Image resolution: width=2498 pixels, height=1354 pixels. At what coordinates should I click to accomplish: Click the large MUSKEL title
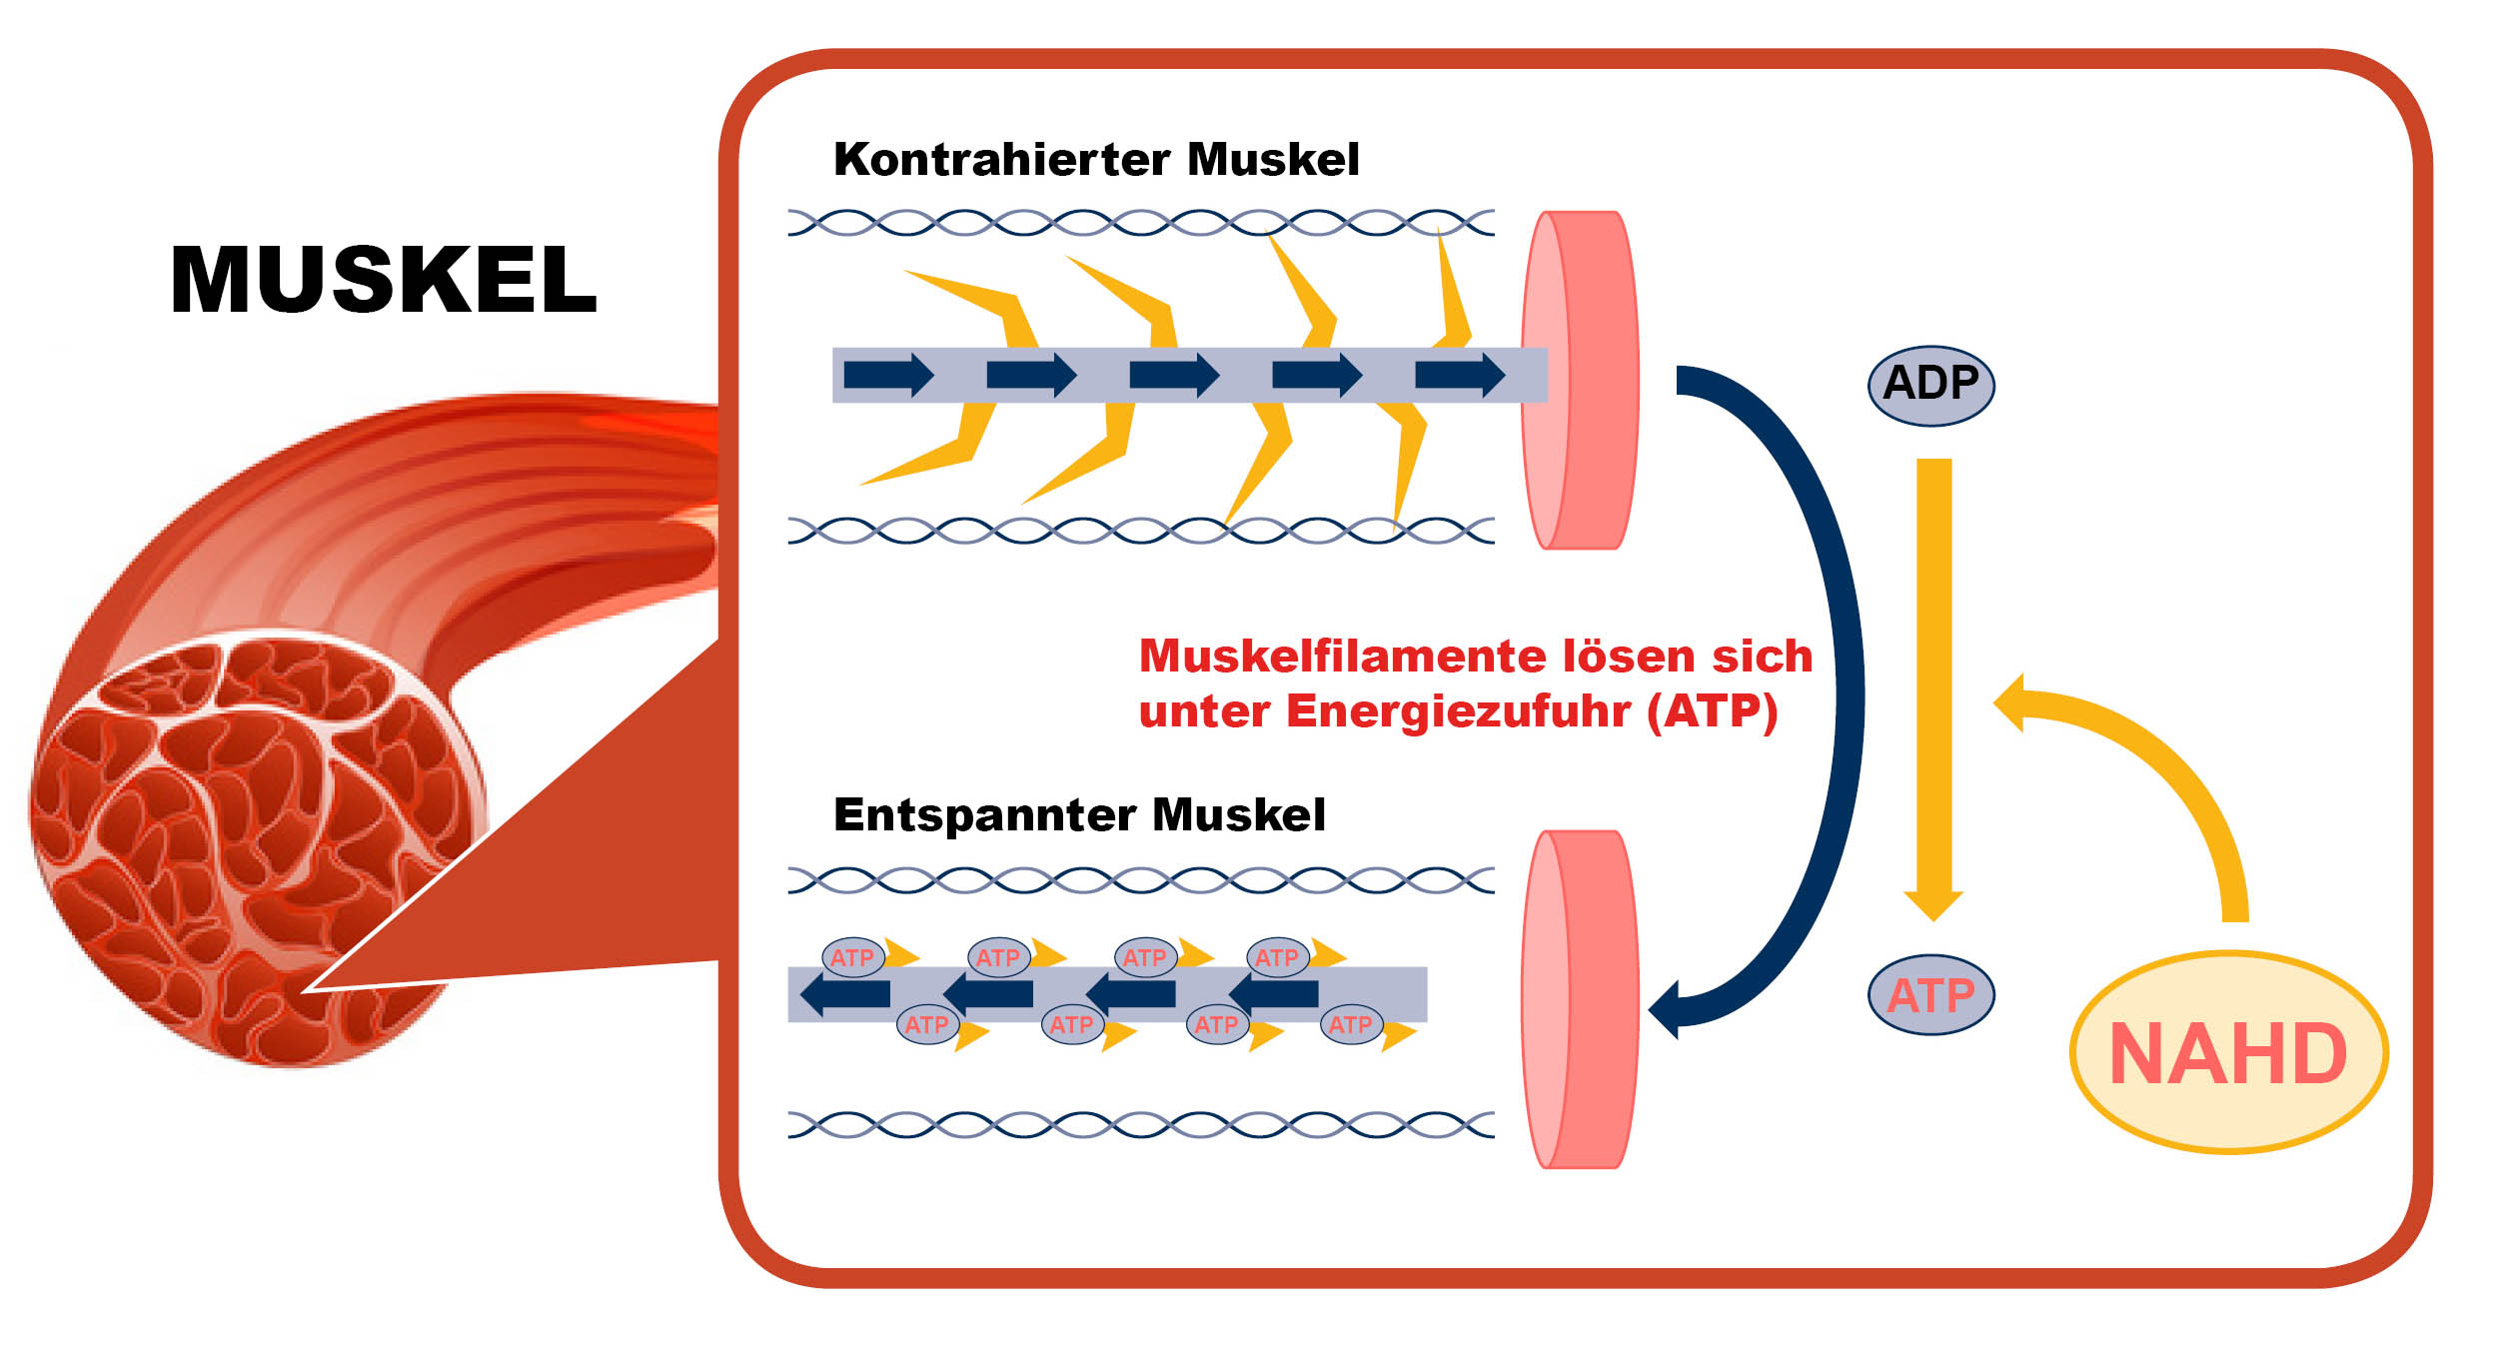384,280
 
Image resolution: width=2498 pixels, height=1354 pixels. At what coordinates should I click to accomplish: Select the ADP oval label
1930,385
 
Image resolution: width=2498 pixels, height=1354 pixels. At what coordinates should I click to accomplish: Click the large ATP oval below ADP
1930,995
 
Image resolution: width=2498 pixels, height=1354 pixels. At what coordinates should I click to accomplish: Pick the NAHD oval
2227,1053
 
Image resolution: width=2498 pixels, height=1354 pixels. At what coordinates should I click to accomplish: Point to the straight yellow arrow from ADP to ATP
1933,679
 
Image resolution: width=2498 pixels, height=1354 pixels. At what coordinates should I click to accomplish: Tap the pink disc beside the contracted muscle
1581,380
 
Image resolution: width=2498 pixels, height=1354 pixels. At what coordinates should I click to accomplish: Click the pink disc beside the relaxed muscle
1581,999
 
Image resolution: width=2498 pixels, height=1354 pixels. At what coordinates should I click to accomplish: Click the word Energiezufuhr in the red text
1459,712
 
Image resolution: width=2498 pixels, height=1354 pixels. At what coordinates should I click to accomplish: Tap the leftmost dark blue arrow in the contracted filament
887,375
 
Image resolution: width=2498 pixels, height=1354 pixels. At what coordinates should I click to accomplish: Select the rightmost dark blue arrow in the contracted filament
1459,375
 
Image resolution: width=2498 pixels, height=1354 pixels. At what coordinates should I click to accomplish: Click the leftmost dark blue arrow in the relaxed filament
845,994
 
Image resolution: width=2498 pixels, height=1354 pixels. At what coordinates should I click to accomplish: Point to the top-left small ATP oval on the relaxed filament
852,958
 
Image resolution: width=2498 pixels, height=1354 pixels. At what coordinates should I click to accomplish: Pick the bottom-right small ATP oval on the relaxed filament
1350,1025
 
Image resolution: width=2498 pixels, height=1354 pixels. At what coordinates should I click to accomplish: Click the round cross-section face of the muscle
255,849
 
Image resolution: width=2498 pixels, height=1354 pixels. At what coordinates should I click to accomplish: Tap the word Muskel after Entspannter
1239,815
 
